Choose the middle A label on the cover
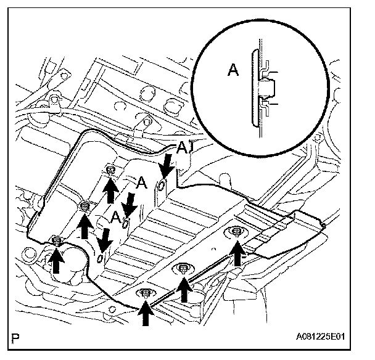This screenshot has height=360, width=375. point(141,183)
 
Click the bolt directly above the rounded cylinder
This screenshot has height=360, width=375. point(56,240)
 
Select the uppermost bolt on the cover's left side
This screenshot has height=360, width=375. point(110,170)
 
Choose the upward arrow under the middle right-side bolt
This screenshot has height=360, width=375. point(184,287)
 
